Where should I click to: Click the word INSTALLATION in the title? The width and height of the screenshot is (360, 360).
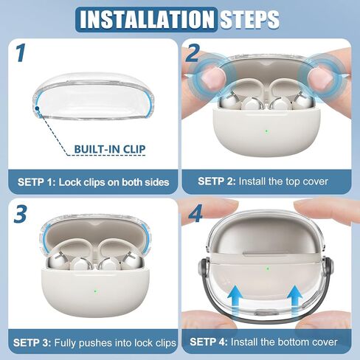tap(147, 19)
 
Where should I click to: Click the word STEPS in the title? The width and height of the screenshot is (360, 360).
tap(249, 19)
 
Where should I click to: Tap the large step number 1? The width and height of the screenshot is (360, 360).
tap(21, 53)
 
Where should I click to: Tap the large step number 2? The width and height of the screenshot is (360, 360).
tap(193, 53)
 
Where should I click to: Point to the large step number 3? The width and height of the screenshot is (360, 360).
tap(20, 214)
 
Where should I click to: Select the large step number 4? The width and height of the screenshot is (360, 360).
tap(195, 213)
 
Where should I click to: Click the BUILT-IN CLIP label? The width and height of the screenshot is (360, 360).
tap(110, 149)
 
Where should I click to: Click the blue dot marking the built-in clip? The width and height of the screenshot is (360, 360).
tap(37, 108)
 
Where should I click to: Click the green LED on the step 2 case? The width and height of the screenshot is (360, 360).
tap(267, 131)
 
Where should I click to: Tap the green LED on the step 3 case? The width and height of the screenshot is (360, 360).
tap(95, 291)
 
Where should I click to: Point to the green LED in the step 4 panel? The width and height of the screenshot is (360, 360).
tap(268, 269)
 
